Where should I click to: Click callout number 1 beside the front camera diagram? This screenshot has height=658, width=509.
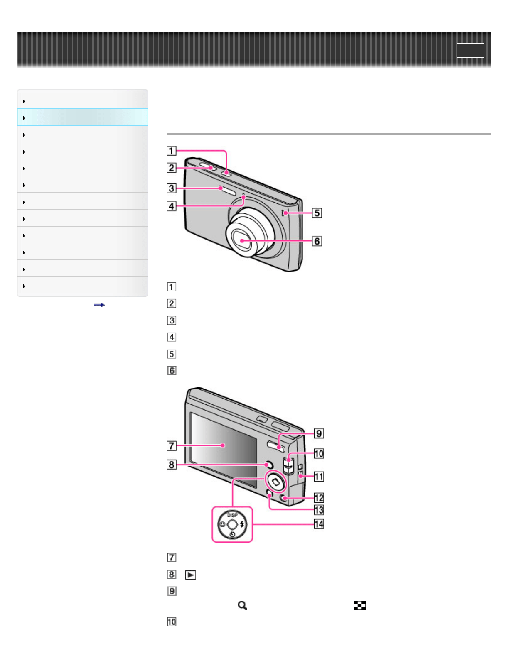171,151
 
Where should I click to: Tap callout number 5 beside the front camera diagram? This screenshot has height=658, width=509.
317,213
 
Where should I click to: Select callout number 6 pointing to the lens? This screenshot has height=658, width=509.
317,241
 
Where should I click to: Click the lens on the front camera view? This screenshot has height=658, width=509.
242,241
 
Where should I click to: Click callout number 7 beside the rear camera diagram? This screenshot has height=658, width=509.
171,445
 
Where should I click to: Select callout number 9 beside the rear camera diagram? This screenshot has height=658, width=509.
319,433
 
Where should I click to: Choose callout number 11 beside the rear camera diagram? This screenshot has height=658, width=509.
319,477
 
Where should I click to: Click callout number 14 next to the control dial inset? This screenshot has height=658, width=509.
319,524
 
